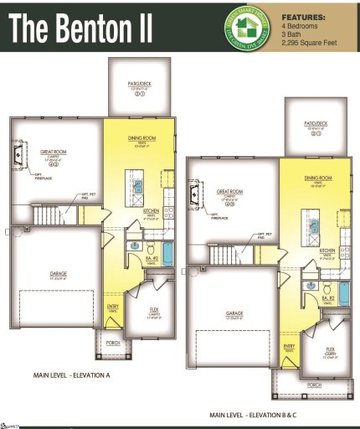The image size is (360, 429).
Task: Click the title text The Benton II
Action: (82, 28)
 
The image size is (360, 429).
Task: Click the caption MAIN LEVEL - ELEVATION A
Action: (72, 375)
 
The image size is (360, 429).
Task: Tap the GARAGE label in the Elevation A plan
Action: (59, 273)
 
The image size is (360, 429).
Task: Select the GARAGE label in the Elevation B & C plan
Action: (234, 313)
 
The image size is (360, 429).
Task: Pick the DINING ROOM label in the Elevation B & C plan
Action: (318, 178)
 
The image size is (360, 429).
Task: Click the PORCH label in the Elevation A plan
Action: (110, 343)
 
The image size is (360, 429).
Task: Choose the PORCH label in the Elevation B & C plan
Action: (314, 385)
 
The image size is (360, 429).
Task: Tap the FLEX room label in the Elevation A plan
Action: (153, 312)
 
